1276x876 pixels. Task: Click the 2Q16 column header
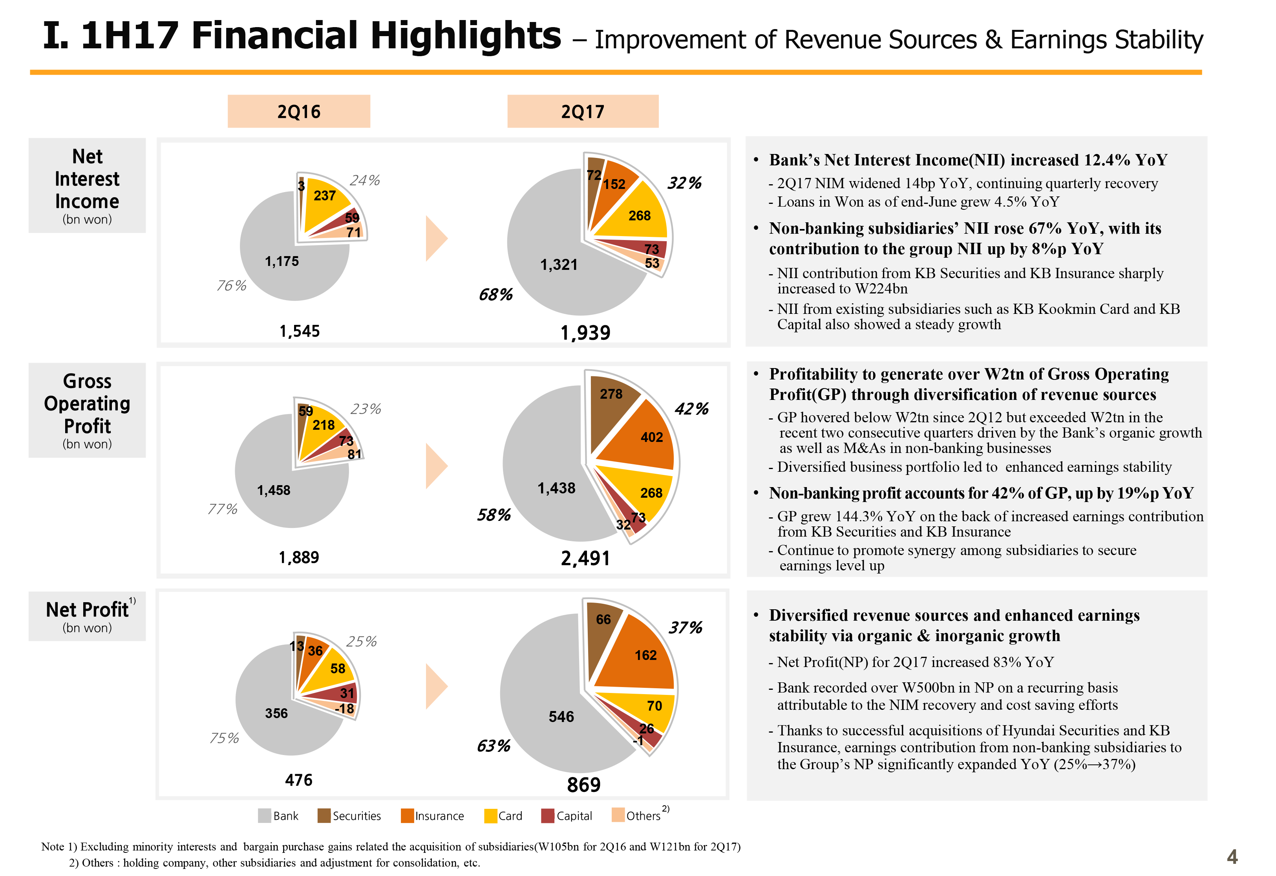(x=299, y=112)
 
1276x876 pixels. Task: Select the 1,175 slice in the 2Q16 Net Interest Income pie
(x=282, y=262)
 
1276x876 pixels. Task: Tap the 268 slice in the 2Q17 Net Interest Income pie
(x=639, y=215)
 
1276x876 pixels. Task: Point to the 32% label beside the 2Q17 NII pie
(x=684, y=183)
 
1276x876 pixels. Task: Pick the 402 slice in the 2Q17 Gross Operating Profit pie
(x=651, y=437)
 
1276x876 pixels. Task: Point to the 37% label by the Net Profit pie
(x=685, y=627)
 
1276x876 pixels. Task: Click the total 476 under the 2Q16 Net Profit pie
(x=299, y=780)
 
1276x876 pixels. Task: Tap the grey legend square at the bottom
(x=265, y=816)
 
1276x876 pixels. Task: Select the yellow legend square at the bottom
(x=490, y=816)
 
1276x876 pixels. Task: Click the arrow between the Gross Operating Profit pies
(x=437, y=466)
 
